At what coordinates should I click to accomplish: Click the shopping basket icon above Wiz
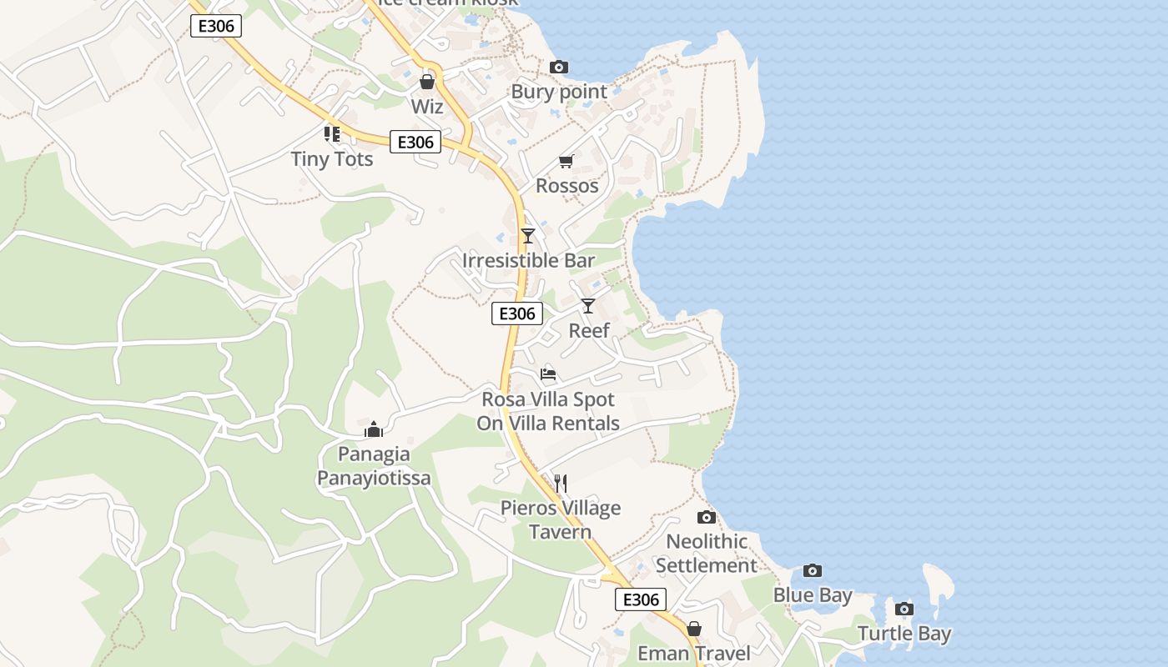[x=427, y=82]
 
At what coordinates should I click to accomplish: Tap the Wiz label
[x=427, y=107]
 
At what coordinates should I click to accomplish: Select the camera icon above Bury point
[x=559, y=68]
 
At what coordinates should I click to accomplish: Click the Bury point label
[x=559, y=92]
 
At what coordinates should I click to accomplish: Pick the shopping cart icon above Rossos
[x=566, y=161]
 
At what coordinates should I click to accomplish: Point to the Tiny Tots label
[x=332, y=158]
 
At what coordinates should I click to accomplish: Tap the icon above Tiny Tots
[x=332, y=133]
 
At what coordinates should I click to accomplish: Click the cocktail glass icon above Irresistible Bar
[x=527, y=236]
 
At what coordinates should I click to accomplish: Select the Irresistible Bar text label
[x=529, y=260]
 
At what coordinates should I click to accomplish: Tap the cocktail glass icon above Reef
[x=588, y=306]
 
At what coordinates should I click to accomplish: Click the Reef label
[x=589, y=330]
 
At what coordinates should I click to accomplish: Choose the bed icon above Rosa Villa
[x=548, y=374]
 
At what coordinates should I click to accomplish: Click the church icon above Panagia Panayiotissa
[x=374, y=429]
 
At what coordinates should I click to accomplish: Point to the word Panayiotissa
[x=374, y=478]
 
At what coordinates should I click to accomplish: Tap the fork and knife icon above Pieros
[x=561, y=484]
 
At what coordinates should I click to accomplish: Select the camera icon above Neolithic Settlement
[x=707, y=517]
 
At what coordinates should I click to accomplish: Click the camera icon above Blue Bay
[x=813, y=571]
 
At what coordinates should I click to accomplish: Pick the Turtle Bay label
[x=904, y=634]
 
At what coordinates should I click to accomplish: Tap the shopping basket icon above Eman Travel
[x=694, y=629]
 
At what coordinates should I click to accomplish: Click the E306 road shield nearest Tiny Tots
[x=415, y=142]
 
